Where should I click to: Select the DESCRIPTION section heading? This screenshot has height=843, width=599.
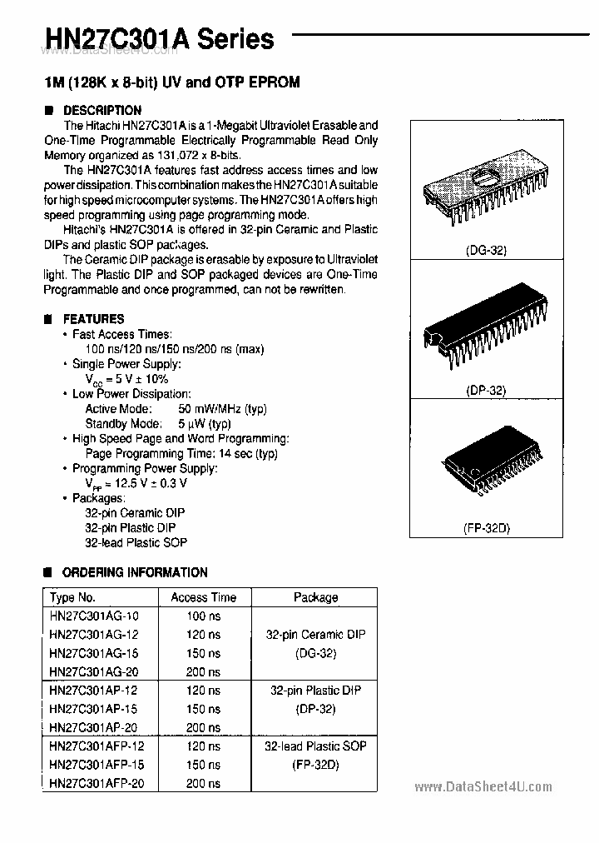[101, 110]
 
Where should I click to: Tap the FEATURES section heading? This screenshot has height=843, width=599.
[93, 318]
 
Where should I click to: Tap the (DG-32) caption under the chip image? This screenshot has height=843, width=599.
[487, 250]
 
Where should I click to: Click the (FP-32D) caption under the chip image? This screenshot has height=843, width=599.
[487, 527]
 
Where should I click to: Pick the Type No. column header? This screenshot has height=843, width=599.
[73, 597]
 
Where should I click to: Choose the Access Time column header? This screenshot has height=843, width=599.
[203, 597]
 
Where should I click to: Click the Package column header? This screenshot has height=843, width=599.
[316, 597]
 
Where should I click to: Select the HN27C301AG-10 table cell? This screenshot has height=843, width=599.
[94, 616]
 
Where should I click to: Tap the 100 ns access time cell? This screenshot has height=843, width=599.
[203, 616]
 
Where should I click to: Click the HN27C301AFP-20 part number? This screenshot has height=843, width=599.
[97, 783]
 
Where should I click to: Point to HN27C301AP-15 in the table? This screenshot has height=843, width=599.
[94, 709]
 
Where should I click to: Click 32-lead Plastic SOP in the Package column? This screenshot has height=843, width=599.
[315, 746]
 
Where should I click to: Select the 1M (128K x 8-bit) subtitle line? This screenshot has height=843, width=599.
[171, 82]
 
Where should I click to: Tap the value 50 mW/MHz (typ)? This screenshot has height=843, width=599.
[222, 408]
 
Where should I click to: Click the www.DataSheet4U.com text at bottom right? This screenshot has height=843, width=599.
[483, 787]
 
